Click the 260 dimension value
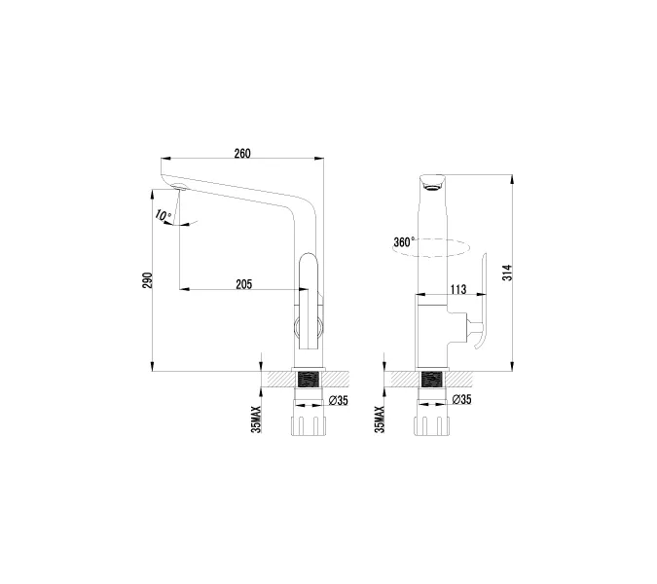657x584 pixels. (x=242, y=153)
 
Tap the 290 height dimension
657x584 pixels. (x=148, y=278)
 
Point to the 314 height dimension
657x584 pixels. (x=506, y=274)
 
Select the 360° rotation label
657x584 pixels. (x=403, y=241)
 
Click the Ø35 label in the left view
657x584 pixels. (x=338, y=400)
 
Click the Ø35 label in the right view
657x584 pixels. (x=461, y=400)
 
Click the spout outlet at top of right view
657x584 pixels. (x=431, y=182)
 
